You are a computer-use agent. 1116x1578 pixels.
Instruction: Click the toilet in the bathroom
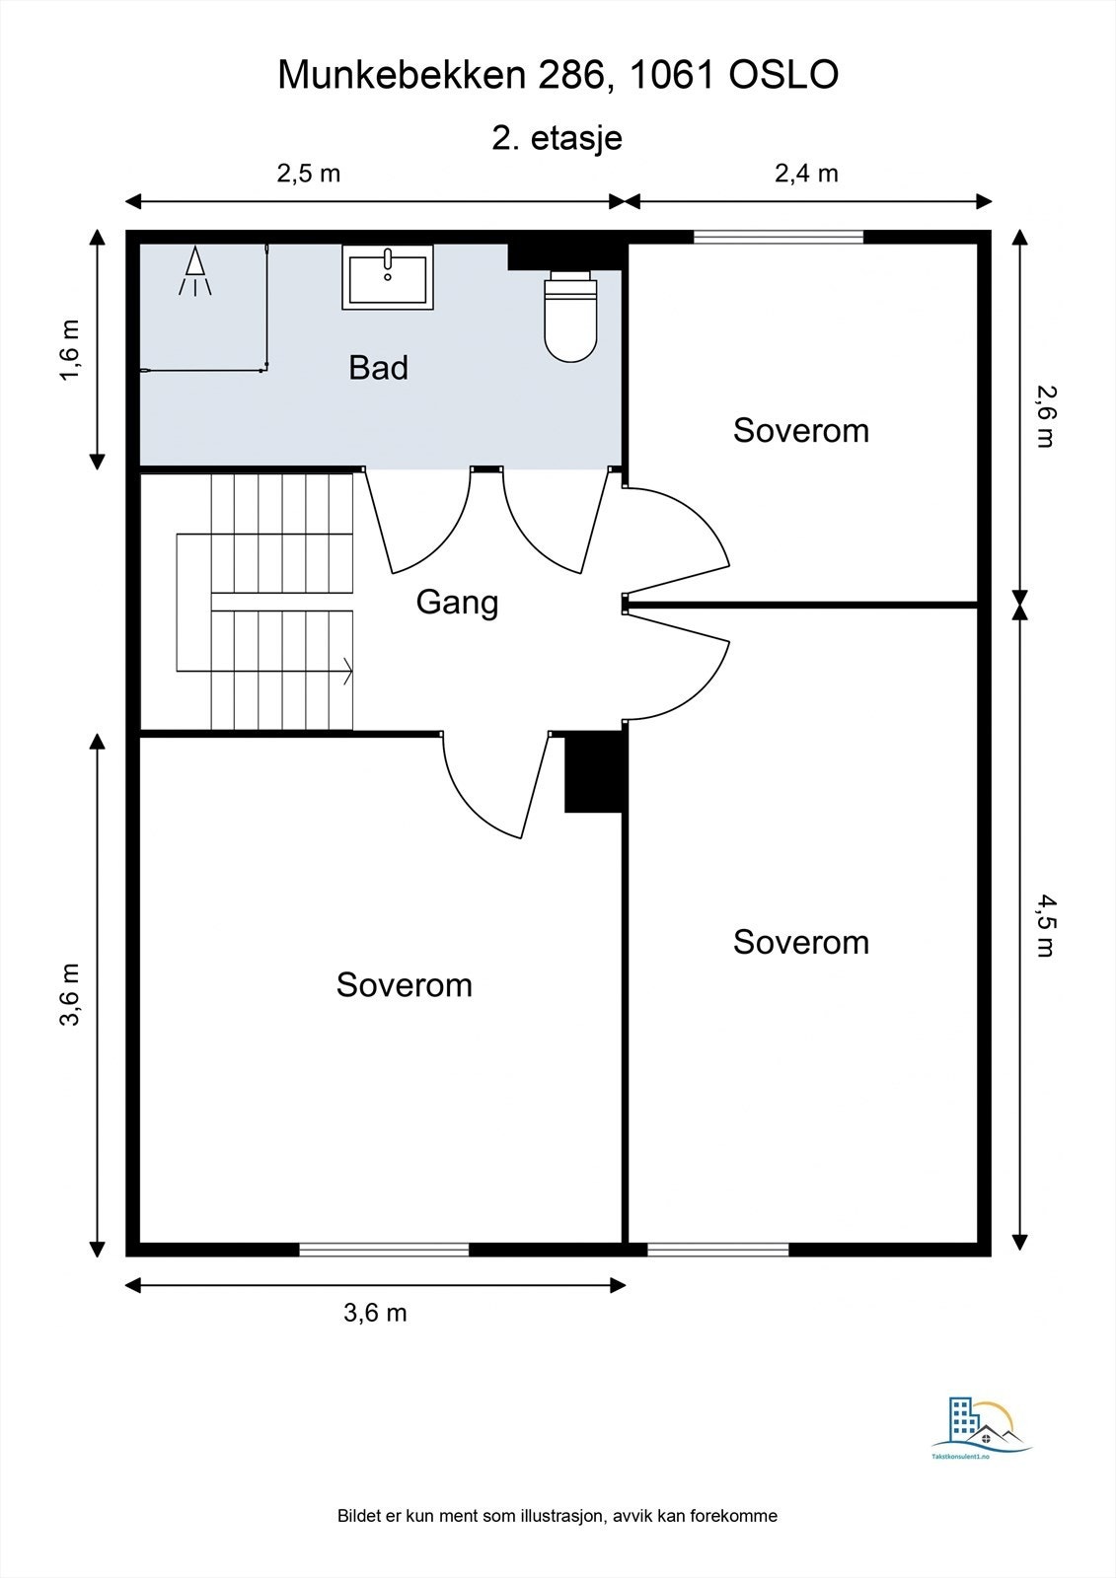point(571,317)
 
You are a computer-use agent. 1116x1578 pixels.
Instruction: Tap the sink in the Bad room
point(388,277)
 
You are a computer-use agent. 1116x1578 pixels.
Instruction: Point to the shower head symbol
point(195,271)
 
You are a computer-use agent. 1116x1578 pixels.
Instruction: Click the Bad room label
point(379,368)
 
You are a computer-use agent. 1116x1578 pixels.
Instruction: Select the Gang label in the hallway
point(457,603)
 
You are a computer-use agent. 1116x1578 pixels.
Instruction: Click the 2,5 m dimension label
point(308,174)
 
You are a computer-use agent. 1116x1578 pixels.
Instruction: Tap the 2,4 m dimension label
point(806,174)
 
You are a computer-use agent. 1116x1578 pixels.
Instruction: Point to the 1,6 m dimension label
point(70,350)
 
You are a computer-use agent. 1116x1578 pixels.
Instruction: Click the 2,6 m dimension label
point(1046,417)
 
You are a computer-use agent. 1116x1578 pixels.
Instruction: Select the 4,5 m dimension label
point(1046,926)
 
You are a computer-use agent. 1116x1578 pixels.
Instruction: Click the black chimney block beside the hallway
point(594,772)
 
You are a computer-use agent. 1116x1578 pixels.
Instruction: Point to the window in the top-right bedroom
point(779,238)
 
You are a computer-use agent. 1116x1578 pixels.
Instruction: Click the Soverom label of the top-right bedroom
point(801,430)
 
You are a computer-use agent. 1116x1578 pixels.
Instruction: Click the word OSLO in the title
point(783,75)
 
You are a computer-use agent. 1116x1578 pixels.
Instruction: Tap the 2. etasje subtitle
point(557,138)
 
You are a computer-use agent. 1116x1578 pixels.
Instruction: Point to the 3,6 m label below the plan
point(375,1313)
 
